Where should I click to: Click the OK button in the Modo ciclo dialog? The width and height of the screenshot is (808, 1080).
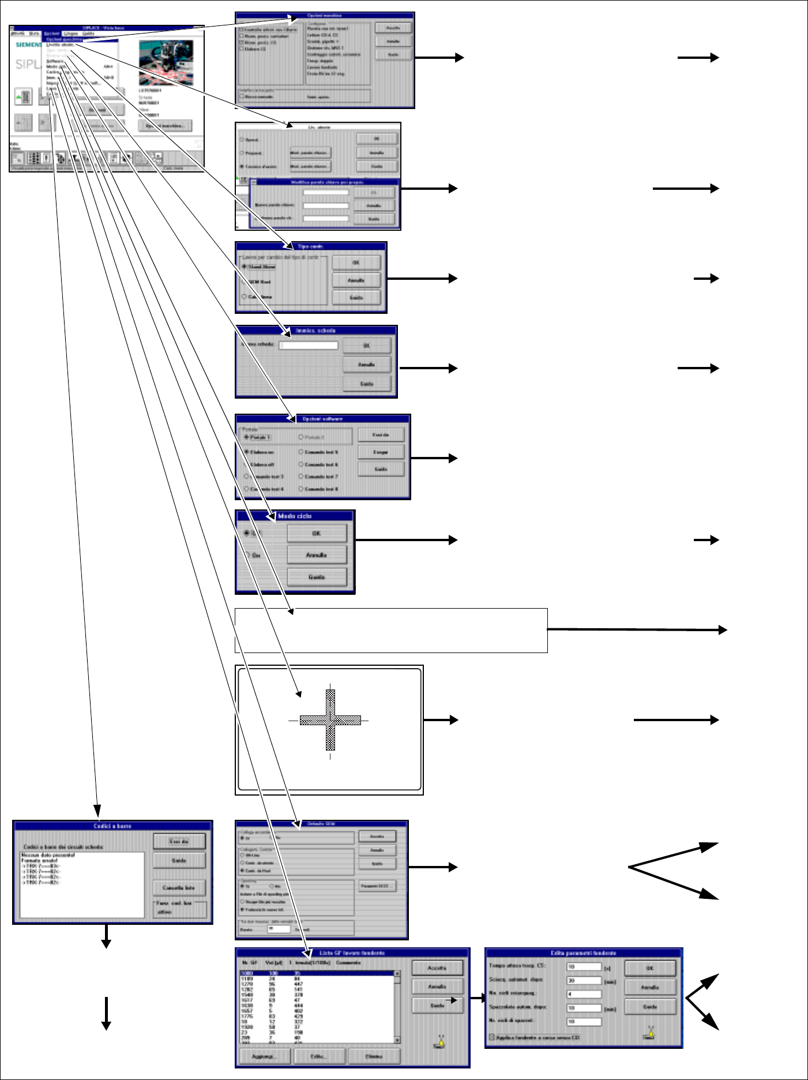(317, 533)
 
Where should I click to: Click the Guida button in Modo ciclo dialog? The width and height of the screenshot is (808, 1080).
(317, 576)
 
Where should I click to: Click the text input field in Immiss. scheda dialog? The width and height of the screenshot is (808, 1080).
(309, 346)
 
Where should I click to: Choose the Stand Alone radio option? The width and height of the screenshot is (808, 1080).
(245, 267)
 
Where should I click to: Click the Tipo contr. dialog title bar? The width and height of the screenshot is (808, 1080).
(311, 246)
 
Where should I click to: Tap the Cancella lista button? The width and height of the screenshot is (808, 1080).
(179, 887)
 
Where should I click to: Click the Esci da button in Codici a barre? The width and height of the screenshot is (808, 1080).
(179, 841)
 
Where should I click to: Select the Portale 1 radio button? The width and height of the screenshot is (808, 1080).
(247, 437)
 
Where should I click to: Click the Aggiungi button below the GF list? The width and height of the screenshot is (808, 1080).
(264, 1056)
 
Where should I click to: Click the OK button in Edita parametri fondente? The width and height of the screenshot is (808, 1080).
(649, 968)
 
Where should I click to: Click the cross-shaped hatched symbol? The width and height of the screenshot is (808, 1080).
(330, 720)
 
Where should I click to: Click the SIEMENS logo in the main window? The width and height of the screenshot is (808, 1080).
(28, 44)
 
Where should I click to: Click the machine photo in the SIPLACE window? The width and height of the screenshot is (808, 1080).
(166, 62)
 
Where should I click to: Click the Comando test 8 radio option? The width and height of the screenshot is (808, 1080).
(301, 489)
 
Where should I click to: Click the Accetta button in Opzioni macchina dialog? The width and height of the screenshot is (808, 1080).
(393, 28)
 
